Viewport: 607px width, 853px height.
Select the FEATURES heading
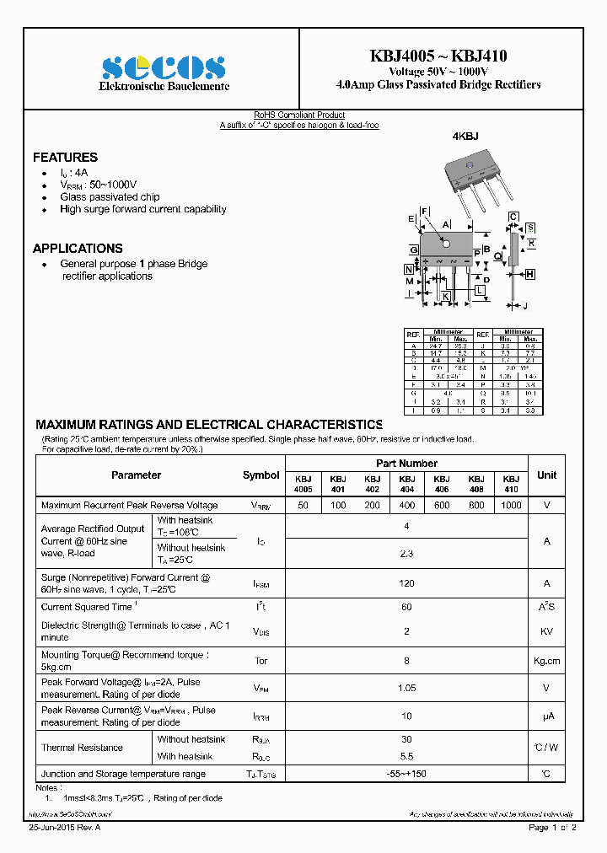(x=65, y=158)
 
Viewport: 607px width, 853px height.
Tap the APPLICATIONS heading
(x=78, y=249)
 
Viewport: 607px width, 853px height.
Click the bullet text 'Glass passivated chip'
(x=110, y=196)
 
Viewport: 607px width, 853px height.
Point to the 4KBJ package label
(x=465, y=137)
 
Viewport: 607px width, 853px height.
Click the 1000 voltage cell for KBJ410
(x=510, y=505)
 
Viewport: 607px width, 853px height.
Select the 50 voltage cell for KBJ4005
(x=303, y=505)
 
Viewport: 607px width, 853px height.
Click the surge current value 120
(x=406, y=583)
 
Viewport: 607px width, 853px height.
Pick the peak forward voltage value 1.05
(x=406, y=688)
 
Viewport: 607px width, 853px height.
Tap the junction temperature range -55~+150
(x=406, y=774)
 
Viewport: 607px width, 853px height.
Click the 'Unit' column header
(x=546, y=475)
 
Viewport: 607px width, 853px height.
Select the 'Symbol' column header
(x=261, y=475)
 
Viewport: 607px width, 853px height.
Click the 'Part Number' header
(x=406, y=464)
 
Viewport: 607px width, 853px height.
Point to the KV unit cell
(x=546, y=630)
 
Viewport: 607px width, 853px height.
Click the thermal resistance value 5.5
(x=406, y=756)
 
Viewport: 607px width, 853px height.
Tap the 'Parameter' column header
(x=136, y=475)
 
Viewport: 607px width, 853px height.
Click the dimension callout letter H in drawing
(x=530, y=274)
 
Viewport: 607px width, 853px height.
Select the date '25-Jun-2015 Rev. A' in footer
(x=65, y=829)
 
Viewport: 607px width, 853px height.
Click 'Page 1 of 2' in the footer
(x=552, y=829)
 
